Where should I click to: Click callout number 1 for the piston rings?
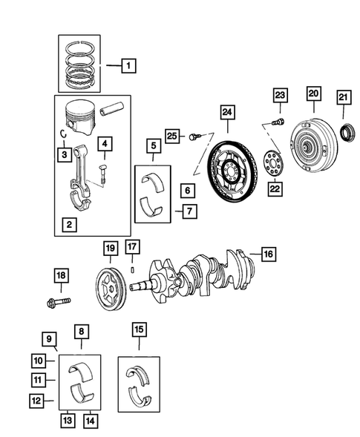128,67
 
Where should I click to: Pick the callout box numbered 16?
267,254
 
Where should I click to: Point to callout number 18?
61,277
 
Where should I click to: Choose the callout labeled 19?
109,248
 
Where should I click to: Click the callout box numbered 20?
313,93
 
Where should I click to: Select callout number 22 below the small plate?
275,190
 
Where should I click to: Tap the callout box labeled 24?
228,113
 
